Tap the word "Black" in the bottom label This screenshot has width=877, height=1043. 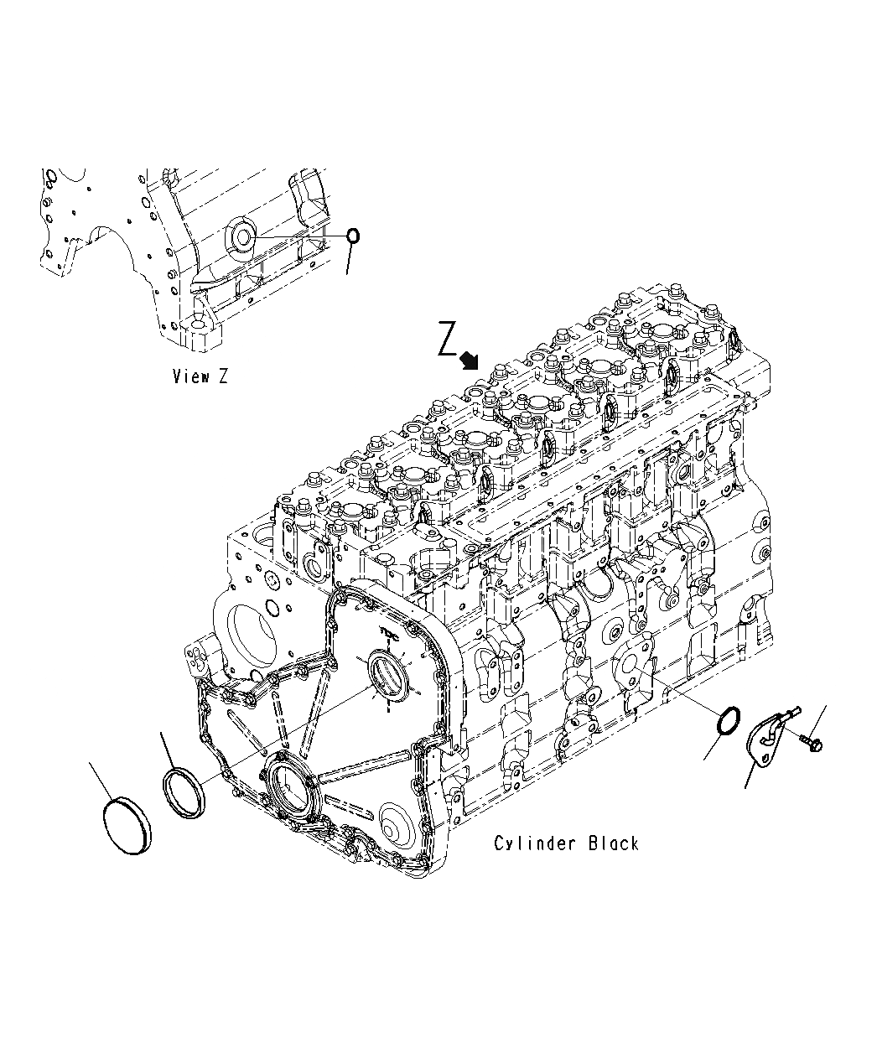613,843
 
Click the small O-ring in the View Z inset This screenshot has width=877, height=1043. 354,236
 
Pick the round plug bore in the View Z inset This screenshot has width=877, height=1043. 242,236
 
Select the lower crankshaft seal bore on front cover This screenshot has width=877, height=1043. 286,789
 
